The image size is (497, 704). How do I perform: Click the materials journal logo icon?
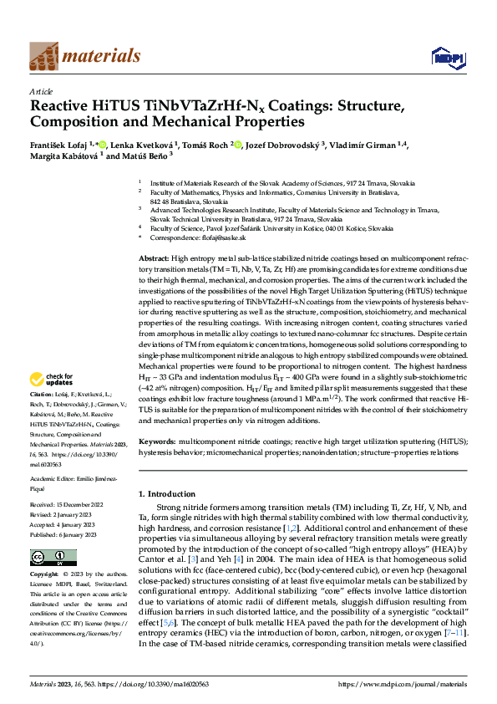(44, 56)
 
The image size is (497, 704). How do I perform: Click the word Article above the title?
(41, 91)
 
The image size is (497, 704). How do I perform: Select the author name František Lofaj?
(57, 145)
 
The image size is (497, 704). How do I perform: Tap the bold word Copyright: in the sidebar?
(44, 575)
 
